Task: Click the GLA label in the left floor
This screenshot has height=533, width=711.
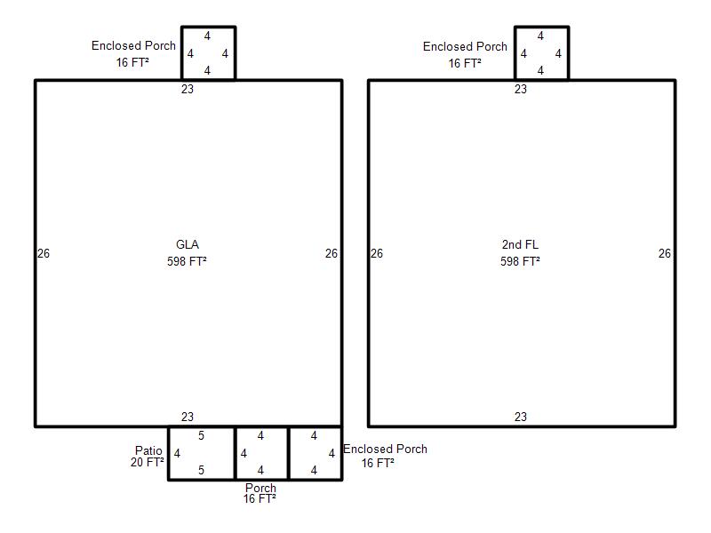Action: coord(188,245)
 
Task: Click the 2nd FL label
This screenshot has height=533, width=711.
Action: coord(520,245)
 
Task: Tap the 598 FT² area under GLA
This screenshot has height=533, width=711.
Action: coord(187,261)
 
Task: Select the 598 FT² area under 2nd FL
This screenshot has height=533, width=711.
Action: coord(520,261)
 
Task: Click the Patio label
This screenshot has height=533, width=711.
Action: coord(148,450)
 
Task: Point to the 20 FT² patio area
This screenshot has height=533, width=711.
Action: coord(147,462)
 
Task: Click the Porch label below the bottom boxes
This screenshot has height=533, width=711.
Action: coord(260,488)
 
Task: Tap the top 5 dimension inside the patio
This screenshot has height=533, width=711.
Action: coord(202,435)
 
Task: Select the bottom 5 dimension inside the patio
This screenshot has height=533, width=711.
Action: coord(202,470)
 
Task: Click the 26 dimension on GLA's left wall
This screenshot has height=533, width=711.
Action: coord(44,253)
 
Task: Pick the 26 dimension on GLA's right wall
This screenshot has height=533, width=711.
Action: coord(332,253)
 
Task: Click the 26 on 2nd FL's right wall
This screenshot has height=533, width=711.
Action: coord(665,253)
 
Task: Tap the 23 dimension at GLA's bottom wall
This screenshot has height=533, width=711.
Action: coord(188,417)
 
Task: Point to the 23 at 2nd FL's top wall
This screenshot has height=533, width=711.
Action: coord(521,89)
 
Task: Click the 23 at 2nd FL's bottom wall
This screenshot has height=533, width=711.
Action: coord(521,417)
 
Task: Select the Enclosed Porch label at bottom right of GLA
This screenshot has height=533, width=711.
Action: coord(385,449)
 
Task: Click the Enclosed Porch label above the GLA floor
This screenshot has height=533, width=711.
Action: coord(133,45)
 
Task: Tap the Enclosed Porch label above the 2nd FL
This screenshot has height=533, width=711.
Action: coord(465,46)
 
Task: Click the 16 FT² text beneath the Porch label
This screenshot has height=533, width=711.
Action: coord(260,498)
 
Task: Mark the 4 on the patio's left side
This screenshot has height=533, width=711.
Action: coord(177,453)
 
